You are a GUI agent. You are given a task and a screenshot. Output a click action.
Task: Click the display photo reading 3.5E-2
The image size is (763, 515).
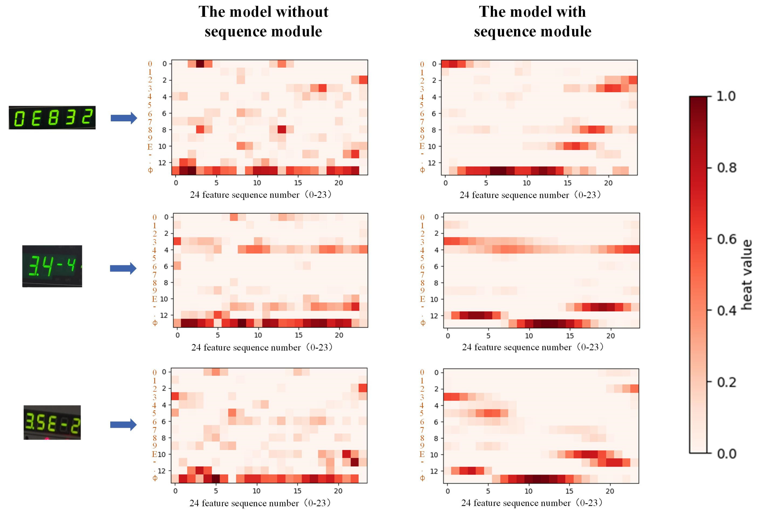pyautogui.click(x=52, y=422)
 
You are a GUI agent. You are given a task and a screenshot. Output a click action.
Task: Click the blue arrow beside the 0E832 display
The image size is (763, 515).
pyautogui.click(x=124, y=118)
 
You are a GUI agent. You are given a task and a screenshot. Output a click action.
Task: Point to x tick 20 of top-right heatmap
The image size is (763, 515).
pyautogui.click(x=608, y=183)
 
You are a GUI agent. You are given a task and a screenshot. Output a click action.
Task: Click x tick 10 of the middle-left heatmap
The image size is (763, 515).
pyautogui.click(x=258, y=335)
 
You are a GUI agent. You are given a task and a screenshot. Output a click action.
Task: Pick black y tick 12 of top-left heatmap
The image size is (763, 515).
pyautogui.click(x=162, y=163)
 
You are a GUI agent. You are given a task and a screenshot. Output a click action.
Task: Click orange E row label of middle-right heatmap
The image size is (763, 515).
pyautogui.click(x=423, y=299)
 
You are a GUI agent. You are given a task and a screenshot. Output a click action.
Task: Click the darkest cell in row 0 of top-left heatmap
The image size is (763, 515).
pyautogui.click(x=200, y=64)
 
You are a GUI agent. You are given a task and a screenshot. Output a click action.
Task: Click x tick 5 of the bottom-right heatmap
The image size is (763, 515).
pyautogui.click(x=488, y=491)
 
